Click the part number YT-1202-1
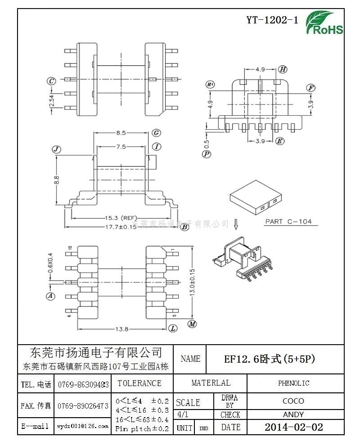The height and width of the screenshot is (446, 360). (272, 20)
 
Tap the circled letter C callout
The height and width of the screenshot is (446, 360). (51, 81)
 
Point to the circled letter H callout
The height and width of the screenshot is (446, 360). (282, 69)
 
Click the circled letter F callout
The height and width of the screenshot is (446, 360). (310, 88)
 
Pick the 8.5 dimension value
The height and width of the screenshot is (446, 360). (121, 133)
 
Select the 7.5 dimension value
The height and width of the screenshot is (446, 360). (121, 146)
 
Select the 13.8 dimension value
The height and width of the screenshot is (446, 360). (122, 329)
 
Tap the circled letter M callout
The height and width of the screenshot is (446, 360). (192, 324)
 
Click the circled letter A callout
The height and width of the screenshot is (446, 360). (51, 296)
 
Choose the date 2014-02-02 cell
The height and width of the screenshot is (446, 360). (293, 427)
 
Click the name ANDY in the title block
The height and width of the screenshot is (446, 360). (293, 414)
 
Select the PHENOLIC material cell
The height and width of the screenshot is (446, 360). (293, 383)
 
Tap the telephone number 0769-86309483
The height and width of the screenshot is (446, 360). (83, 384)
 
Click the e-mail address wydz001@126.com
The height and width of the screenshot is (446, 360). (83, 426)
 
